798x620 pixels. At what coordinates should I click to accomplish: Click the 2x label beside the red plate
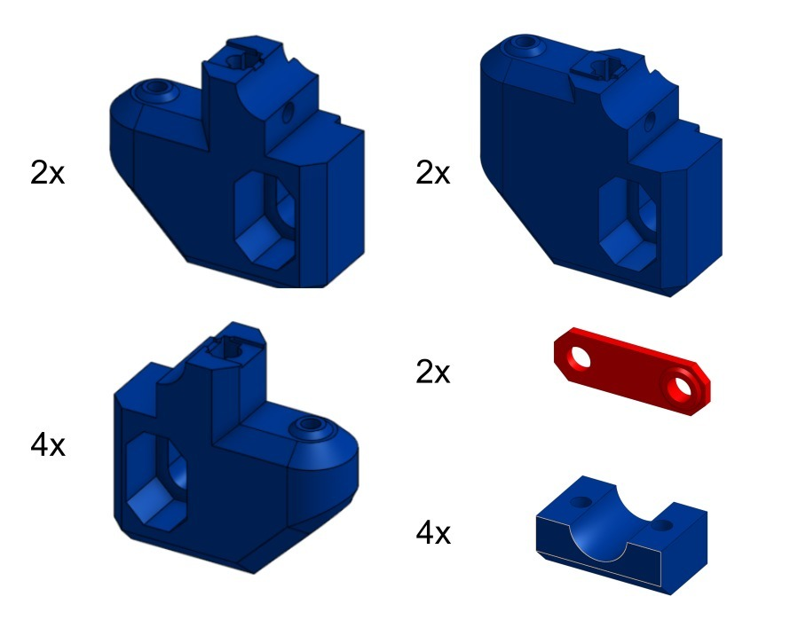(x=432, y=372)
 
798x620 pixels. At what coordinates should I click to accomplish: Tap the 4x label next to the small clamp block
(x=433, y=532)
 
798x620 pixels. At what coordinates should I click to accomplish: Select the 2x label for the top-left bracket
(x=47, y=172)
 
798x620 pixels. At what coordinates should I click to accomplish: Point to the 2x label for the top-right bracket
(x=432, y=172)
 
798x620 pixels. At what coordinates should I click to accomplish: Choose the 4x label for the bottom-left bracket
(x=48, y=445)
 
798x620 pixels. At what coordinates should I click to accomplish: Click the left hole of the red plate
(x=581, y=357)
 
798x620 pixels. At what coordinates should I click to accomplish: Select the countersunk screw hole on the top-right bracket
(x=525, y=43)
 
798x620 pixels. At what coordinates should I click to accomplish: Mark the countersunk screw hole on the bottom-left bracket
(x=310, y=425)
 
